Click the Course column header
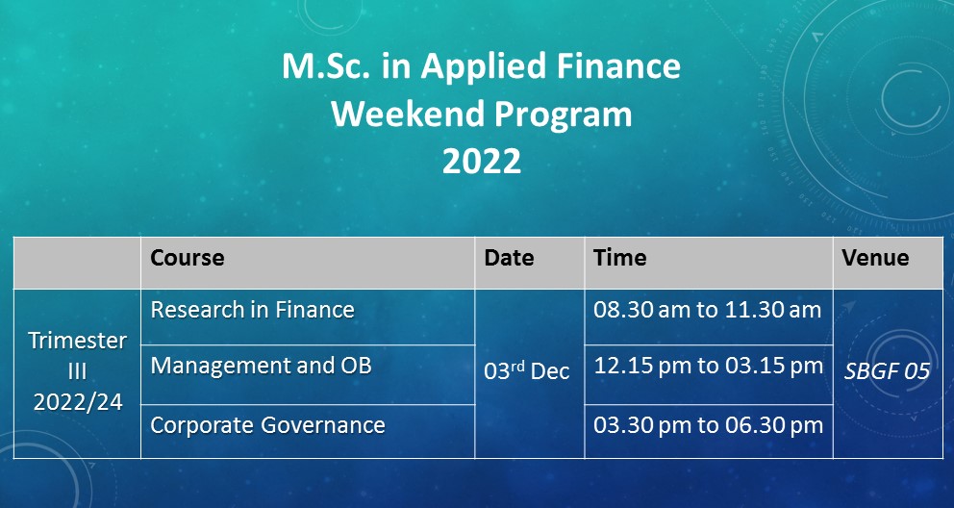188,258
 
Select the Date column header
509,258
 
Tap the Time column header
620,258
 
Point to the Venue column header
875,258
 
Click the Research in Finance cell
253,310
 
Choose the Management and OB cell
261,366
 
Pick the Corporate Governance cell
267,425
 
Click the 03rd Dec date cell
527,370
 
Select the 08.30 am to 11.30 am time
708,310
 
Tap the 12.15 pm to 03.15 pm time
708,366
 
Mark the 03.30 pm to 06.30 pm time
708,425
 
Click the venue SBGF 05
887,371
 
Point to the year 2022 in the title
481,162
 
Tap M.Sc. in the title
326,65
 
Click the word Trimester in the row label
77,341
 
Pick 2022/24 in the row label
77,402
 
